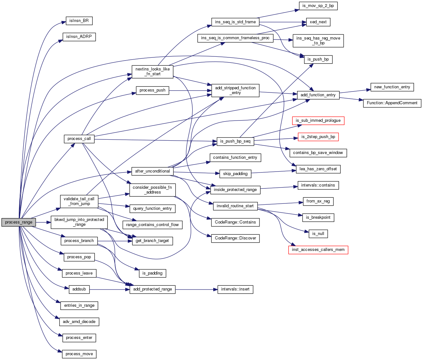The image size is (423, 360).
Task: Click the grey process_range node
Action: tap(18, 222)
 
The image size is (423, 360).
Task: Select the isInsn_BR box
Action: tap(79, 21)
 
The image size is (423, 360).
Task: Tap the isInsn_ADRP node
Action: tap(79, 37)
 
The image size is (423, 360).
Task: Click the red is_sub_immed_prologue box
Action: tap(318, 121)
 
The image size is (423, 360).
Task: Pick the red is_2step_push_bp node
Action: tap(318, 137)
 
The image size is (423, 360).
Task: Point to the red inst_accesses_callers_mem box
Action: tap(318, 250)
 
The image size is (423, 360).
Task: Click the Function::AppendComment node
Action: tap(392, 103)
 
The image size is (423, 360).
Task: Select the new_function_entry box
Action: tap(392, 87)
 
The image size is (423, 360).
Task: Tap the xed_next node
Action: tap(318, 22)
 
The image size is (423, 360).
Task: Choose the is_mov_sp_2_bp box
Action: tap(318, 6)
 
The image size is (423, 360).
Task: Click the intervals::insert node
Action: tap(235, 289)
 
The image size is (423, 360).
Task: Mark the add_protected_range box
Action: tap(152, 289)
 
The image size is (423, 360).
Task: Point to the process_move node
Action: tap(79, 354)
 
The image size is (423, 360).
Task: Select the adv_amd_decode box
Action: tap(79, 322)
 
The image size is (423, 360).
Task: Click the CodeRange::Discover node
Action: tap(235, 238)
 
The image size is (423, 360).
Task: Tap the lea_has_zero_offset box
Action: tap(318, 169)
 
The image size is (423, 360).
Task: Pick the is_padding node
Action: tap(152, 273)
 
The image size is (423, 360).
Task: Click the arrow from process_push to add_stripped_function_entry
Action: tap(190, 91)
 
